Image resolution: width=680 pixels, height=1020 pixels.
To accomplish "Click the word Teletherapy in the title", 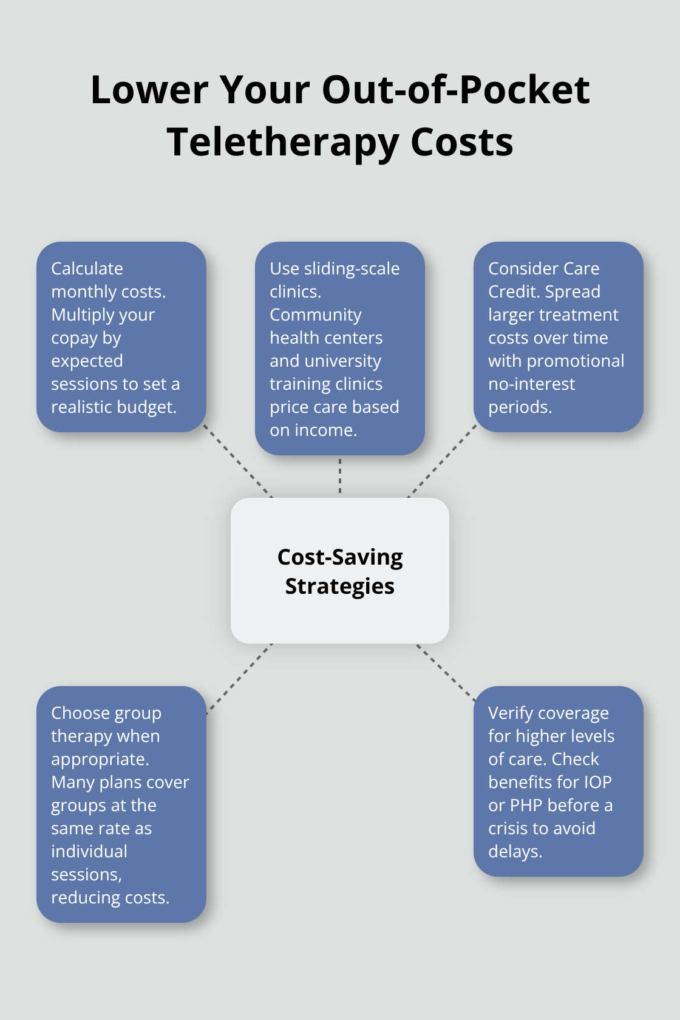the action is pos(283,143).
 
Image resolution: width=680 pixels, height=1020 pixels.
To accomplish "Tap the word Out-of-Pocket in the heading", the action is pos(455,90).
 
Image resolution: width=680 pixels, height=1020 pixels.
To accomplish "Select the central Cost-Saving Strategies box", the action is pos(340,570).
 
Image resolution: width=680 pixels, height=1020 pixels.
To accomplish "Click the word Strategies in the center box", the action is pos(340,586).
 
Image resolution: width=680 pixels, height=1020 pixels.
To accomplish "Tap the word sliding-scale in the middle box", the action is pos(352,269).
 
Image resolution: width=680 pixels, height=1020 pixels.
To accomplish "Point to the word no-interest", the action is pos(531,384).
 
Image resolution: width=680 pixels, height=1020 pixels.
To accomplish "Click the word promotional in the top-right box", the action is pos(576,362).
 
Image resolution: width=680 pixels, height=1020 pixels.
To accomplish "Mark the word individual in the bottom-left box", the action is pos(89,851).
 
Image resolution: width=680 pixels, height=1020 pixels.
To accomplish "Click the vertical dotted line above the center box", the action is pos(340,476).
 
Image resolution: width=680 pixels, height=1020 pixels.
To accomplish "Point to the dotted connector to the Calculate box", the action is pos(238,461).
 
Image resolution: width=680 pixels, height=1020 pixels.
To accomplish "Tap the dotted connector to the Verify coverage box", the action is pos(446,672).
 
